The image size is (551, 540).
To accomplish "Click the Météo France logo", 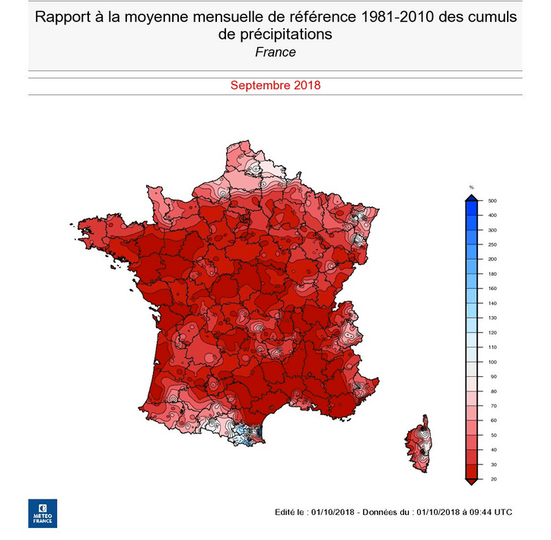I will coord(43,513).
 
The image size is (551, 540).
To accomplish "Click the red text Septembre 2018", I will coord(275,85).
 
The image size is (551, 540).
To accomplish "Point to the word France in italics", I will coord(275,52).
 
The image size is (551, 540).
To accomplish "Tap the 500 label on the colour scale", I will coord(492,200).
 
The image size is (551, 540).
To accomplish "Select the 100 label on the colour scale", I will coord(492,362).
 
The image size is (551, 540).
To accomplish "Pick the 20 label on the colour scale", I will coord(492,479).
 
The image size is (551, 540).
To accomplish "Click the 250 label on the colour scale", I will coord(492,244).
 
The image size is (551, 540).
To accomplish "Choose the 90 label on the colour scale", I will coord(492,376).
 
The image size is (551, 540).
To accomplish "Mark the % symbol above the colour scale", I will coord(472,187).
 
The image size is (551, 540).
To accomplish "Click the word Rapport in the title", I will coord(65,18).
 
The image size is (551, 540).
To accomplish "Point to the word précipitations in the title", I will coord(280,35).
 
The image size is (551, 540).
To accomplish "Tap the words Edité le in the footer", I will coord(291,512).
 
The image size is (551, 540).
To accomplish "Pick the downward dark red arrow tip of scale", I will coord(472,481).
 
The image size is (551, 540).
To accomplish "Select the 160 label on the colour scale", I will coord(492,289).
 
